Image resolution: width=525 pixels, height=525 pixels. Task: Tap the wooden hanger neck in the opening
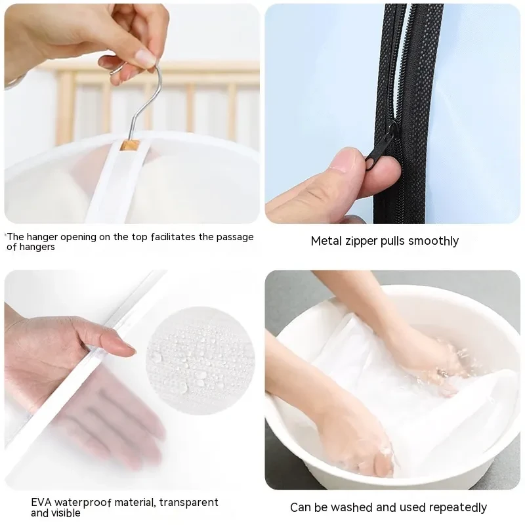130,146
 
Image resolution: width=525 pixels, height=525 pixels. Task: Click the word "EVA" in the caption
41,502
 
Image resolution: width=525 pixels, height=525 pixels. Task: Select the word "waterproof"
83,503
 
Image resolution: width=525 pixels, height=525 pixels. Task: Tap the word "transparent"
189,503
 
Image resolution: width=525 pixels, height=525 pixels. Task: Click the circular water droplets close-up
200,360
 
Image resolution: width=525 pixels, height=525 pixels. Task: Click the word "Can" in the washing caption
300,507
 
